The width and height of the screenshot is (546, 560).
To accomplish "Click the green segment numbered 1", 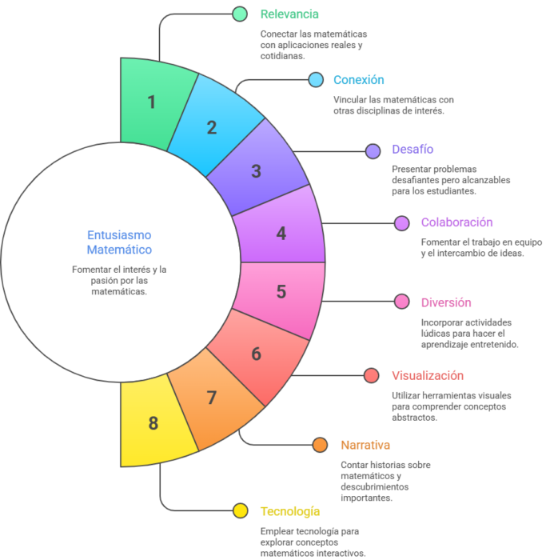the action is tap(152, 103).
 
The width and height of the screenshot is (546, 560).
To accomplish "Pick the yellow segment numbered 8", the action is tap(153, 423).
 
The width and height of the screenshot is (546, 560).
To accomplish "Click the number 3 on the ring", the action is tap(257, 171).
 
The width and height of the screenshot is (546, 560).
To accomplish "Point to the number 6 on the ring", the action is tap(257, 354).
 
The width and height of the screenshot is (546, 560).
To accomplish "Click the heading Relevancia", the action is tap(289, 14).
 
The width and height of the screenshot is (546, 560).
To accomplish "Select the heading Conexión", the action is tap(359, 80).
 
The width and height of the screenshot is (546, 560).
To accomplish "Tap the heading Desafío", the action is tap(412, 150).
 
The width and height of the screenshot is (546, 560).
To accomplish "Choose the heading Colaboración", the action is tap(456, 222).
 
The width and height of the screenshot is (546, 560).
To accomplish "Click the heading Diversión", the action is tap(446, 302).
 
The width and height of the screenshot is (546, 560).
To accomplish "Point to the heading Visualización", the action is tap(428, 376).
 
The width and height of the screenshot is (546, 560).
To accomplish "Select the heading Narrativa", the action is tap(365, 445).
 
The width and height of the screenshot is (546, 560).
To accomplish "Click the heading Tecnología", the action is tap(289, 511).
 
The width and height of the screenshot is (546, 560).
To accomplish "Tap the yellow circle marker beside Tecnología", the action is tap(241, 510).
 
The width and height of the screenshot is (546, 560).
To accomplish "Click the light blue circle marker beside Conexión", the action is tap(316, 80).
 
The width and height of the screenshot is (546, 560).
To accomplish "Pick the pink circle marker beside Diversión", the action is tap(402, 302).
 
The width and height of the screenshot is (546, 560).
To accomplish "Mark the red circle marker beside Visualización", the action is tap(372, 375).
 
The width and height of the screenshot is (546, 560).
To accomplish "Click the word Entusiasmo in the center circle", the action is tap(119, 235).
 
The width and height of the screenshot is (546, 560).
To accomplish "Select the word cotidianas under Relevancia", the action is tap(282, 56).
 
